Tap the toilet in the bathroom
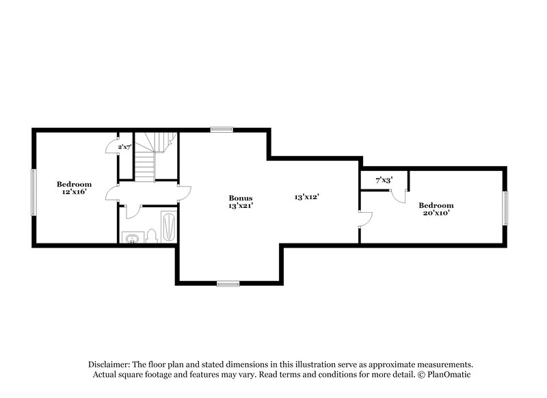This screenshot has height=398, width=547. click(x=153, y=236)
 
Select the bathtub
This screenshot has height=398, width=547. click(x=169, y=226)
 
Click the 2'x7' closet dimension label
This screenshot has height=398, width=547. click(x=124, y=147)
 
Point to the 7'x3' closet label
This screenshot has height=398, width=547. click(x=384, y=181)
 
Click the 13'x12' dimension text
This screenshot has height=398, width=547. click(x=307, y=197)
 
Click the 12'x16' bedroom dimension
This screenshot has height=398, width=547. click(x=74, y=192)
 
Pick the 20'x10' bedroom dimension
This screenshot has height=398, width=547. click(x=436, y=213)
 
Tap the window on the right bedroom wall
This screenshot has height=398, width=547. click(x=506, y=208)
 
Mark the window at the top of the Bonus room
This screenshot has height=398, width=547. click(x=221, y=129)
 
